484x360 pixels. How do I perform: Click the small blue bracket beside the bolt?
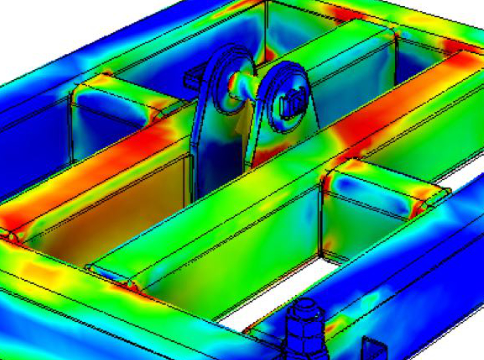pos(373,348)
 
